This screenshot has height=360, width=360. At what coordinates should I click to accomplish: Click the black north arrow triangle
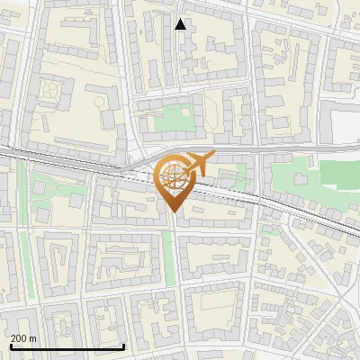[181, 24]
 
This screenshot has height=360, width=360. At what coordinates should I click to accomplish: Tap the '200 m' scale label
[24, 337]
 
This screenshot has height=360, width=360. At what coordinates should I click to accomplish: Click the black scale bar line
[67, 346]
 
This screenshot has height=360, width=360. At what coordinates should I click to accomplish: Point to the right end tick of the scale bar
[124, 345]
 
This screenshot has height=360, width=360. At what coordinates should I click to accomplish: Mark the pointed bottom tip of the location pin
[174, 212]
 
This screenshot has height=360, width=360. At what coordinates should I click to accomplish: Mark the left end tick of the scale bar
[10, 345]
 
